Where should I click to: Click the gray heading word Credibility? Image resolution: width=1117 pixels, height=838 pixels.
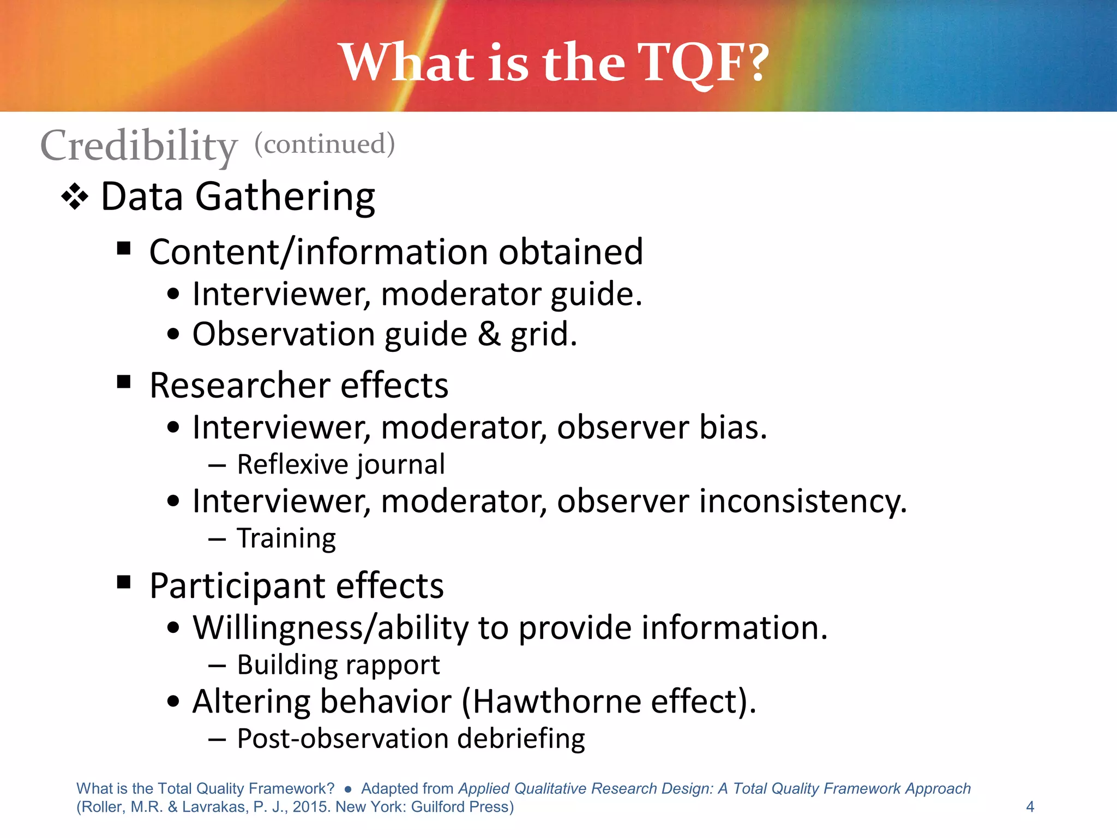(x=139, y=145)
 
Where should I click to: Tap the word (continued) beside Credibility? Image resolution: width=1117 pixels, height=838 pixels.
(x=325, y=144)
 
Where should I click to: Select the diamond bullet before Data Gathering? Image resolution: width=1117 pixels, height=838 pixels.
(x=75, y=197)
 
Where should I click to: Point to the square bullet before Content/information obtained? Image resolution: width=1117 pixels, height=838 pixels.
(x=124, y=249)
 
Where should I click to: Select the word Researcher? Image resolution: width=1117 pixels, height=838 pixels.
(x=240, y=385)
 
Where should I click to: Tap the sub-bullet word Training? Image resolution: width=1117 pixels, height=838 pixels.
(x=286, y=538)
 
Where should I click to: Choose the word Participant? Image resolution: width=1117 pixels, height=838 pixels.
(x=237, y=585)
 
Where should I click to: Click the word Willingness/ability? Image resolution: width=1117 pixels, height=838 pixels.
(x=331, y=627)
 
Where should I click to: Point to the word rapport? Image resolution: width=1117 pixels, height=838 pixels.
(x=392, y=665)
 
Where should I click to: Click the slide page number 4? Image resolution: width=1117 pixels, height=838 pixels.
(x=1030, y=806)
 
